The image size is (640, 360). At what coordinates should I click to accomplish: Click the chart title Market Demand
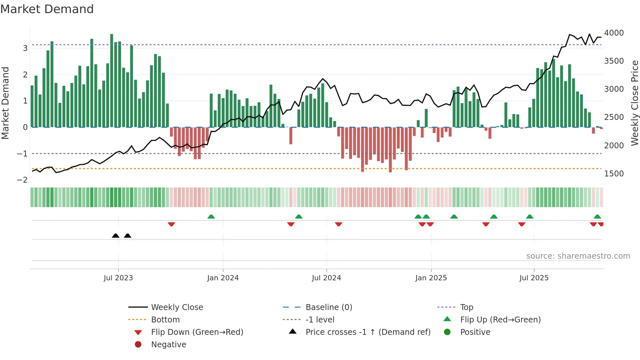tap(47, 9)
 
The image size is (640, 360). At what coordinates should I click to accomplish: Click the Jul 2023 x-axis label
tap(118, 278)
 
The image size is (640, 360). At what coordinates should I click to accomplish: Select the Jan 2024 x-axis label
tap(223, 278)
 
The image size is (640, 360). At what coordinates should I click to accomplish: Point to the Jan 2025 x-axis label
tap(431, 278)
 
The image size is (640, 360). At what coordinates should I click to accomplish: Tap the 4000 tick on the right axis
tap(614, 33)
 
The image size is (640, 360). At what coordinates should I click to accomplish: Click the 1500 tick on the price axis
tap(614, 174)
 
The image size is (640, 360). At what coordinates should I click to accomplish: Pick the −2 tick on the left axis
tap(22, 180)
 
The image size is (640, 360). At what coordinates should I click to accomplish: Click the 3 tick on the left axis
tap(25, 48)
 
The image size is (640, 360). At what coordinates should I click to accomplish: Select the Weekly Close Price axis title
tap(634, 103)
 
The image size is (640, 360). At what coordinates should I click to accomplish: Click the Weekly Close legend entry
tap(177, 307)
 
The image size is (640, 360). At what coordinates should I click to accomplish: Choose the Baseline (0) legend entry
tap(328, 307)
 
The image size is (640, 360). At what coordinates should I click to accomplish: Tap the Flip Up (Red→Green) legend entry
tap(500, 320)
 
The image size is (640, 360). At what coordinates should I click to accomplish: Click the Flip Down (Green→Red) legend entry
tap(197, 332)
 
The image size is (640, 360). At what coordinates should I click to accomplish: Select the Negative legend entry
tap(168, 345)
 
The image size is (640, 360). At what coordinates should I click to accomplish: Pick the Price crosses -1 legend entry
tap(368, 332)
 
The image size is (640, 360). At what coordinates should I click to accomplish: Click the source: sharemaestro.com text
tap(578, 256)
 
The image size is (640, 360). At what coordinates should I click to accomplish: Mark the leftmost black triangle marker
tap(116, 236)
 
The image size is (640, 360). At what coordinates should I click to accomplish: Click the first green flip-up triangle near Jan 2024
tap(211, 217)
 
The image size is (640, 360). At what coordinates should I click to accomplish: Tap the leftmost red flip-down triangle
tap(171, 224)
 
